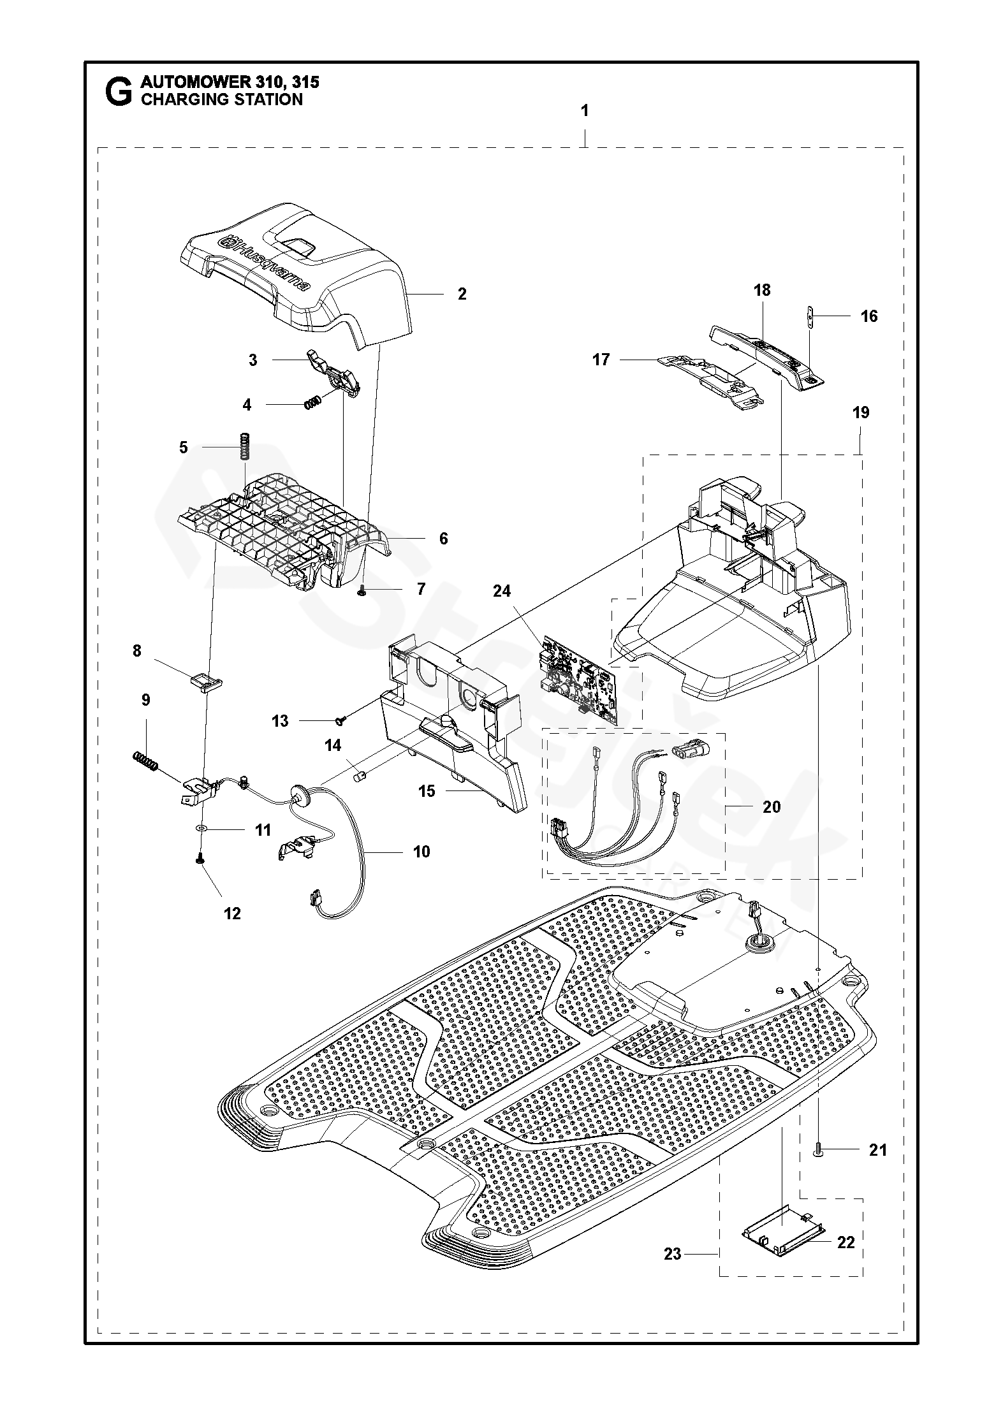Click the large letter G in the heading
[x=118, y=91]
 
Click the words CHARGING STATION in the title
[x=221, y=99]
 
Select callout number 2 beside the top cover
[x=462, y=293]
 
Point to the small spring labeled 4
[x=312, y=404]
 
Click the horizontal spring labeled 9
[x=145, y=761]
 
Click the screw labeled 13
[x=341, y=720]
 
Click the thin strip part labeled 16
[x=811, y=317]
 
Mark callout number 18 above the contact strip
[x=762, y=289]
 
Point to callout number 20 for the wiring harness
[x=772, y=807]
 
